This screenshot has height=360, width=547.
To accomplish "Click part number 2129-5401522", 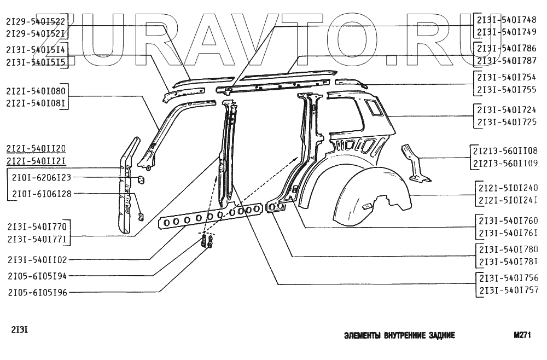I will click(x=36, y=21).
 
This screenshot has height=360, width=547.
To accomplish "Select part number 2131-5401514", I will click(x=36, y=50).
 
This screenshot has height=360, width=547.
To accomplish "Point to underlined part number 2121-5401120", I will click(x=36, y=149).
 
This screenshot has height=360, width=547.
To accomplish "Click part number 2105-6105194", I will click(x=37, y=276).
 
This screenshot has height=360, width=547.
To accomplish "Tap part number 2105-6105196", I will click(x=37, y=292).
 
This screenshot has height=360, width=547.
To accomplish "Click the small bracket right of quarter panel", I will click(x=415, y=162).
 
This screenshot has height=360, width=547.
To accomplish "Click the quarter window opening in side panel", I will click(x=375, y=107).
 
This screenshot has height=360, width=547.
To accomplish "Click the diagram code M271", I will click(x=523, y=337).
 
